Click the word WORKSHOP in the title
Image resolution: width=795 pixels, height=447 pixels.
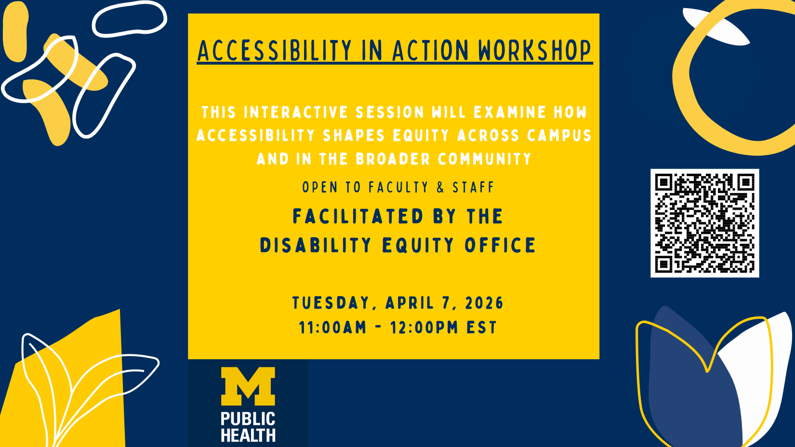coord(534,51)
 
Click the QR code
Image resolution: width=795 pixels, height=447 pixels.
coord(704,223)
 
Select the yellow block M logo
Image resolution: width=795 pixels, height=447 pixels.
coord(248,386)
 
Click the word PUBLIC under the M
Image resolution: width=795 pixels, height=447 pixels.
coord(248,419)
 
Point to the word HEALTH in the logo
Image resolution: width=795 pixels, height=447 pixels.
coord(248,435)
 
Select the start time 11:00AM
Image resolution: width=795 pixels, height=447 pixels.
coord(332,327)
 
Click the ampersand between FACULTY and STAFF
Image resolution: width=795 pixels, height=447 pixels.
coord(440,187)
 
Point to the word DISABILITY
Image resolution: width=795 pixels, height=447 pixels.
coord(316,245)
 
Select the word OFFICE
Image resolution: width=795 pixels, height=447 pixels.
coord(500,245)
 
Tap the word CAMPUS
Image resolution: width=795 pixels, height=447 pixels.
coord(559,135)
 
